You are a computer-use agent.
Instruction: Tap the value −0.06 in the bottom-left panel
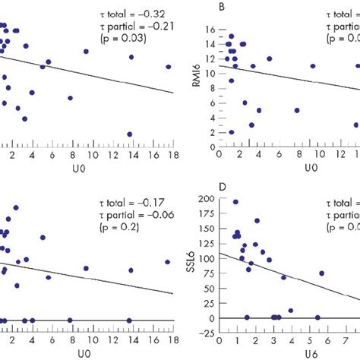pos(161,215)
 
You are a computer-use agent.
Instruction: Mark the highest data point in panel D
pos(235,202)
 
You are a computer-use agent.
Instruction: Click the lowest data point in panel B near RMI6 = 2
pos(231,132)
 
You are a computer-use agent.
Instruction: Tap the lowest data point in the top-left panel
pos(129,134)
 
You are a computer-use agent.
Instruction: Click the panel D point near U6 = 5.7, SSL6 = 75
pos(321,273)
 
